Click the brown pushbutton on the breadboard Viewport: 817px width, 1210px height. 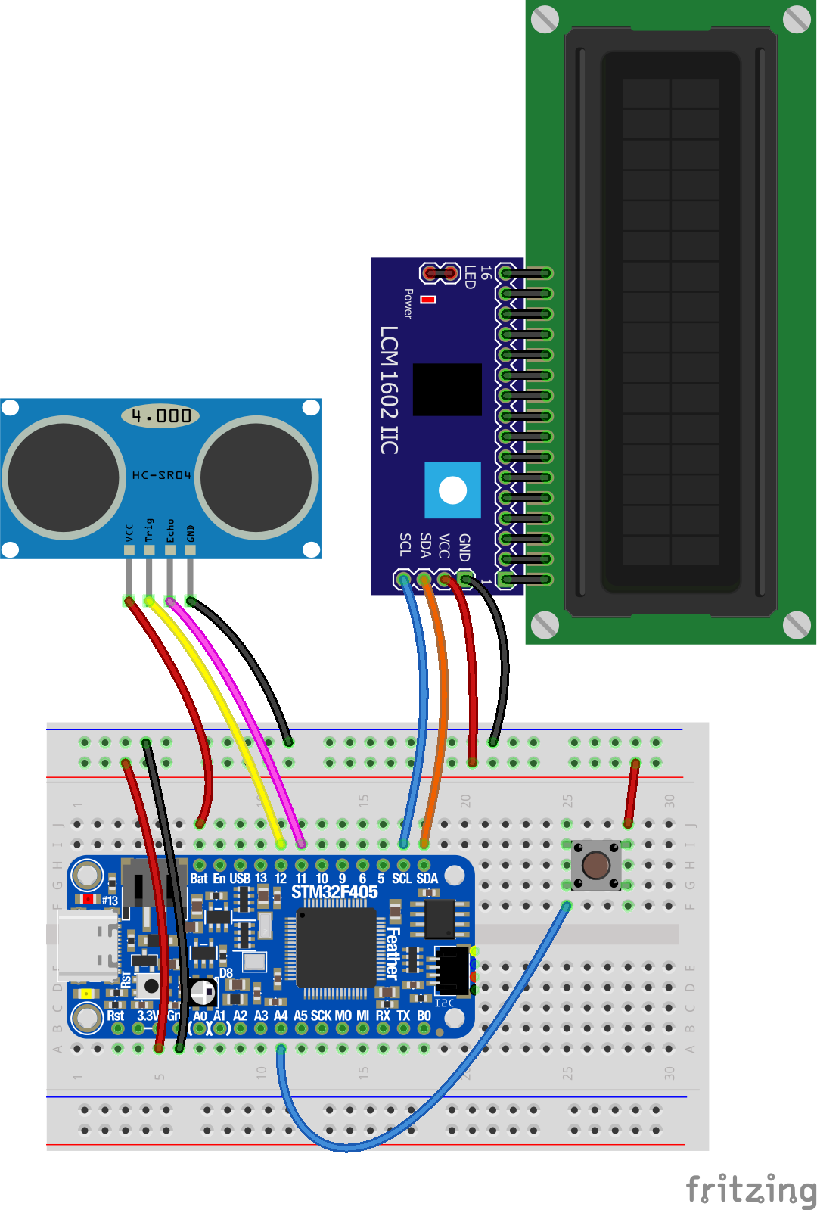(x=596, y=865)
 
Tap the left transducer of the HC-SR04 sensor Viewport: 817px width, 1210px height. (x=64, y=477)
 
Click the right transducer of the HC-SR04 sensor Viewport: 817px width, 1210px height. (x=257, y=477)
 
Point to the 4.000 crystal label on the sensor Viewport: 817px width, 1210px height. (x=160, y=415)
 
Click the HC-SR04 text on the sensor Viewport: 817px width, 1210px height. (x=161, y=475)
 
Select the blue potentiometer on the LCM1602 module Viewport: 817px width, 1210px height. (x=452, y=490)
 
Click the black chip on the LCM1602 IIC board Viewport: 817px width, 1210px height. (x=447, y=389)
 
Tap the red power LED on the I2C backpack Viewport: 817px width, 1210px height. (x=428, y=300)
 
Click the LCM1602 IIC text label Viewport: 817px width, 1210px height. (x=388, y=390)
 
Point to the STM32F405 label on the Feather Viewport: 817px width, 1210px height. (x=334, y=892)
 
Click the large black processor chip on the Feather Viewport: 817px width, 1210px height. (x=336, y=947)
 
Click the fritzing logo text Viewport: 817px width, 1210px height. (x=750, y=1190)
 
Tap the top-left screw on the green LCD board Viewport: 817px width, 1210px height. (x=545, y=20)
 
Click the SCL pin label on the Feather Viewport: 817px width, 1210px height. (x=401, y=879)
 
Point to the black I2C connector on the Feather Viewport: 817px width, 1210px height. (x=453, y=970)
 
